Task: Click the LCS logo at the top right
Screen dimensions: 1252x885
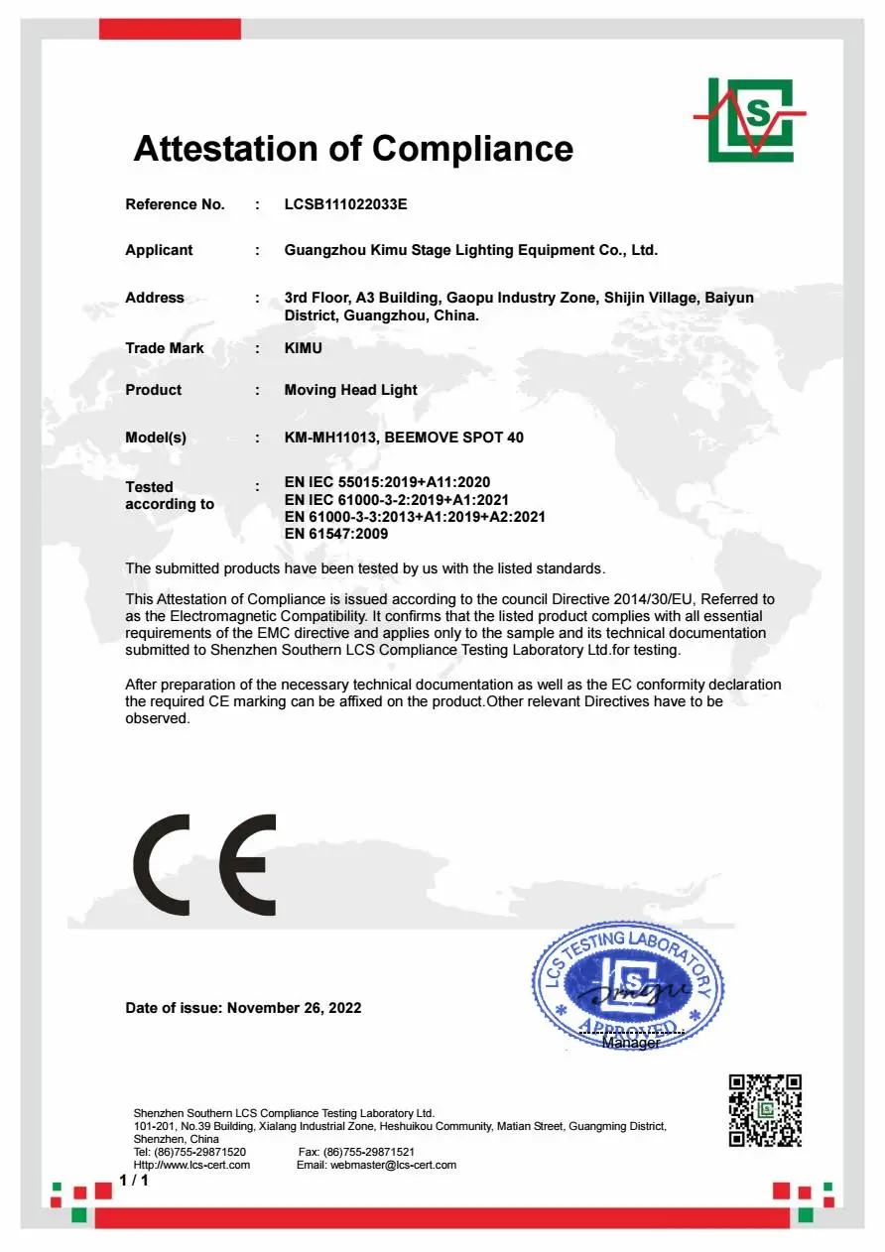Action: coord(750,119)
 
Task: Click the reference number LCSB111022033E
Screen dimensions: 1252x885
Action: coord(345,204)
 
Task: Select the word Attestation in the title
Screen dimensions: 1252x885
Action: coord(229,149)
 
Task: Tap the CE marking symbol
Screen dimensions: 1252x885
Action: coord(204,865)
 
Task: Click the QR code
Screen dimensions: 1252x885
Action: coord(765,1110)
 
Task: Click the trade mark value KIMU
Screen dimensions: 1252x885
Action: coord(303,348)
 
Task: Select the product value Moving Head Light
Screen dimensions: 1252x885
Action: coord(350,390)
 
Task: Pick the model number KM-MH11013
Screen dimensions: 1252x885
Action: coord(329,438)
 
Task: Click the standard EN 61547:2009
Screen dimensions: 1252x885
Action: coord(335,534)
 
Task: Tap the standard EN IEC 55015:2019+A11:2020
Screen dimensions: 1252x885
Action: coord(387,482)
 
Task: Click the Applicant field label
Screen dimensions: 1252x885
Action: coord(159,250)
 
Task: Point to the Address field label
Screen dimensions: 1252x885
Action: coord(154,298)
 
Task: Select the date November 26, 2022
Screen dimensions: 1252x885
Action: coord(294,1008)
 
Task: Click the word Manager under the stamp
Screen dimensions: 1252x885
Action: coord(631,1043)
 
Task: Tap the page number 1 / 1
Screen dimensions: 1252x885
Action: coord(134,1180)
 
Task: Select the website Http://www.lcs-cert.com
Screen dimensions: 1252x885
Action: coord(191,1165)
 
